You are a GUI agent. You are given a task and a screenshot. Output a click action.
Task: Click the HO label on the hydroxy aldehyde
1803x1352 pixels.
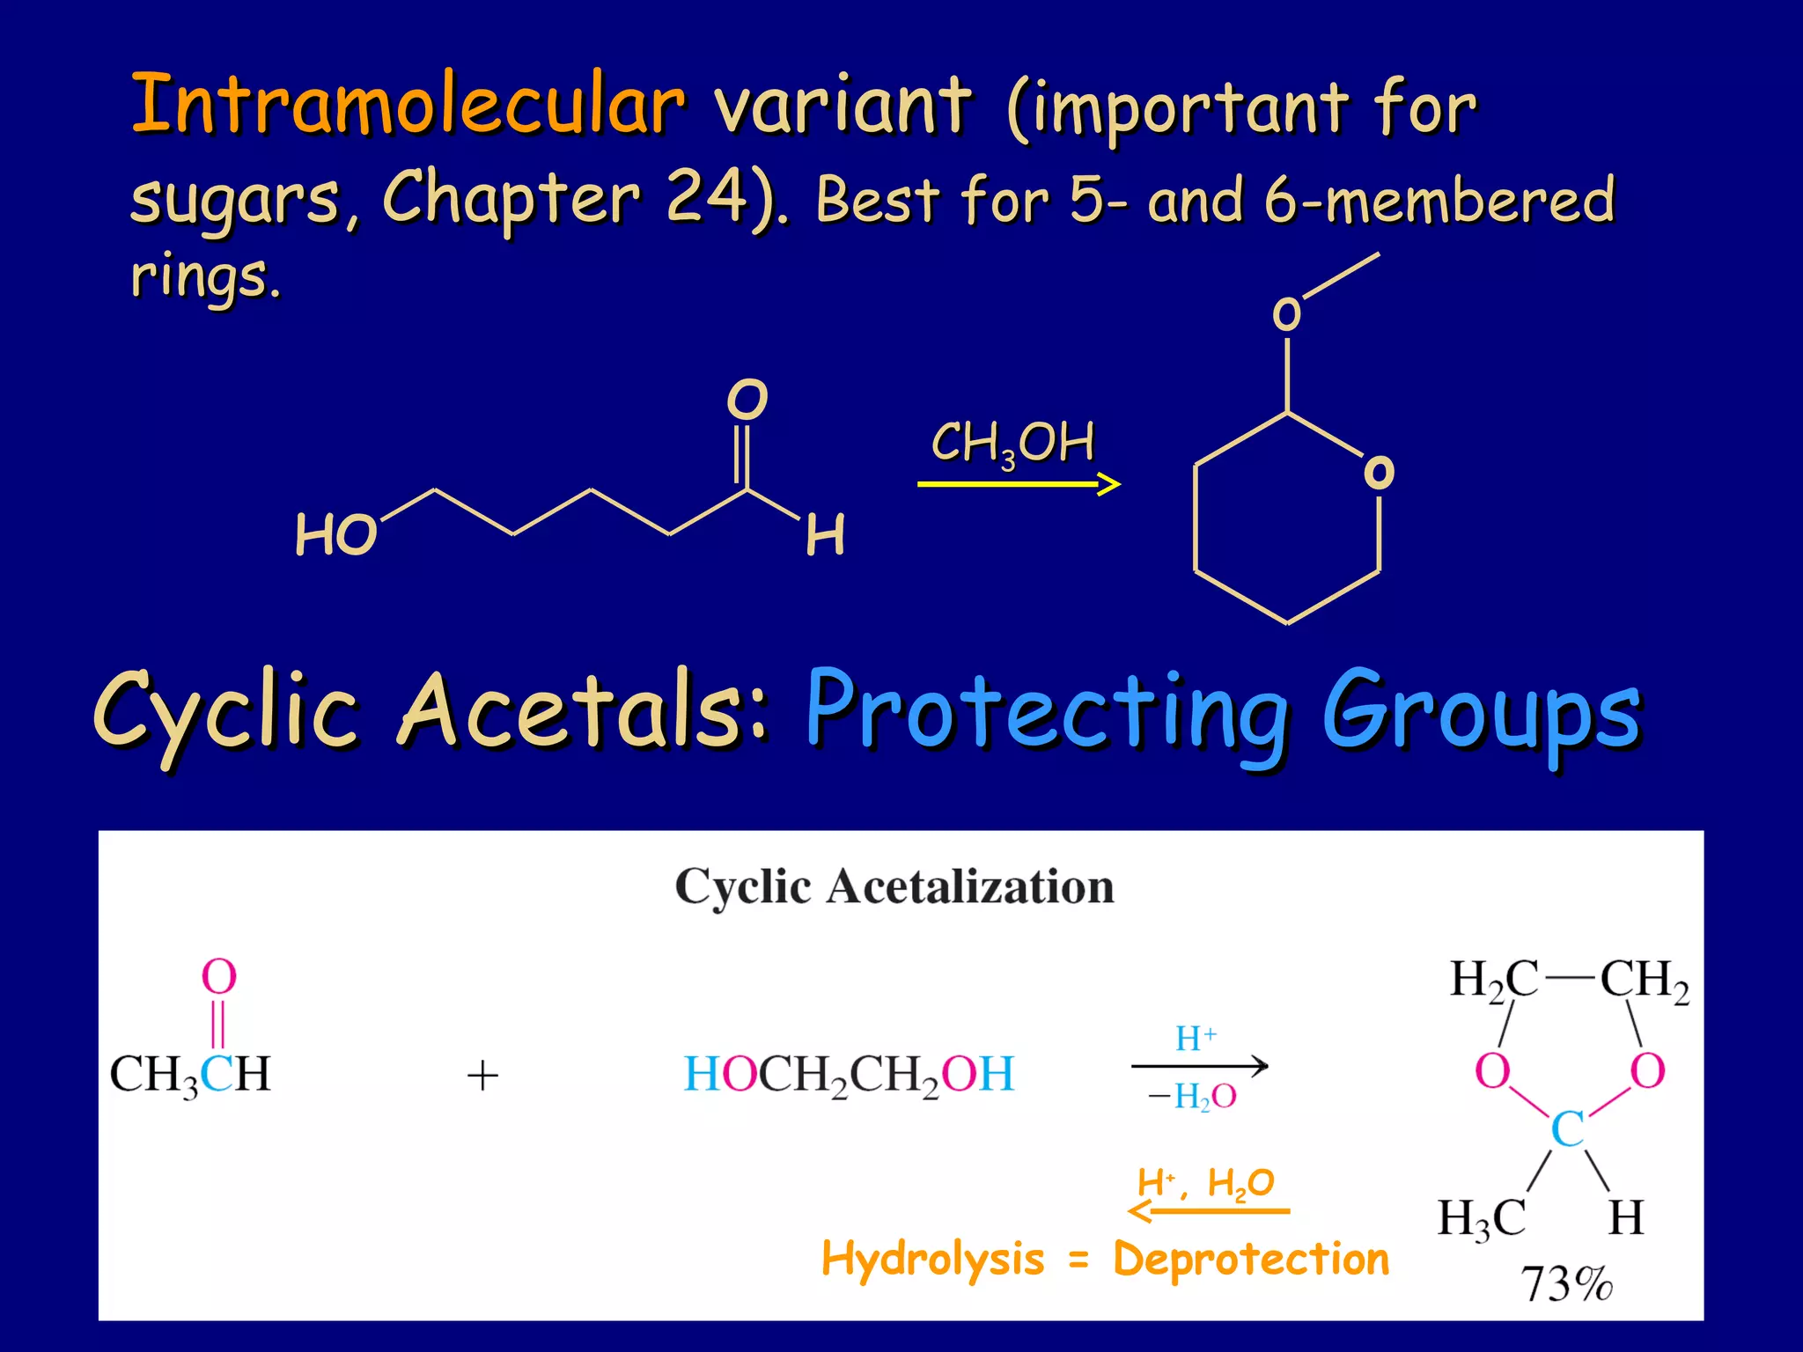(x=335, y=535)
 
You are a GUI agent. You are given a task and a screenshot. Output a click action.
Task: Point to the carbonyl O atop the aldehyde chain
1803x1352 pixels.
(x=747, y=400)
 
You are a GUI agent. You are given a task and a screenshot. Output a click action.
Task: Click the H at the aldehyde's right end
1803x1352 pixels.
(x=825, y=535)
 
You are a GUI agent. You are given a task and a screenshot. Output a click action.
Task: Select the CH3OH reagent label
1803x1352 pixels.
(x=1012, y=443)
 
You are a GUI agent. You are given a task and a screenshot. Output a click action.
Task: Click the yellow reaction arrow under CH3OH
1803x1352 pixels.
(x=1018, y=483)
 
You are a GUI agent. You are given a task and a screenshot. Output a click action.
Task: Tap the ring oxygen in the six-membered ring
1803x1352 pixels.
(x=1378, y=473)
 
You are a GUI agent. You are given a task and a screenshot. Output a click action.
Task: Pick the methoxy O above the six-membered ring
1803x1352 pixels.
(x=1286, y=314)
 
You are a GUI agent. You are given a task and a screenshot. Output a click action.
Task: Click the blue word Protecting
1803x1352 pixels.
(x=1046, y=711)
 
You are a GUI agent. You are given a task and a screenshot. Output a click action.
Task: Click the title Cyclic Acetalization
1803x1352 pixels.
(x=894, y=886)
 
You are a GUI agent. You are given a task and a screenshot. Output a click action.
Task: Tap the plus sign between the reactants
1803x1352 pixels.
(x=482, y=1076)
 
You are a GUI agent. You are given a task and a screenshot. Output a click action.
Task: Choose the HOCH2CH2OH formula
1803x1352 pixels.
(x=849, y=1075)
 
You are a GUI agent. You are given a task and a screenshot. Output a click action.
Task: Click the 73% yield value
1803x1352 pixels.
(x=1566, y=1283)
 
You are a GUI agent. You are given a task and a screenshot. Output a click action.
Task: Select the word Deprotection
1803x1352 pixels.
(x=1251, y=1259)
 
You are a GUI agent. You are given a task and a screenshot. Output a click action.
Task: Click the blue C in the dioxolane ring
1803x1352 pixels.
(x=1567, y=1129)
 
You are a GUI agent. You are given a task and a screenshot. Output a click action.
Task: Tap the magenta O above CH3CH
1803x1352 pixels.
(x=219, y=977)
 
